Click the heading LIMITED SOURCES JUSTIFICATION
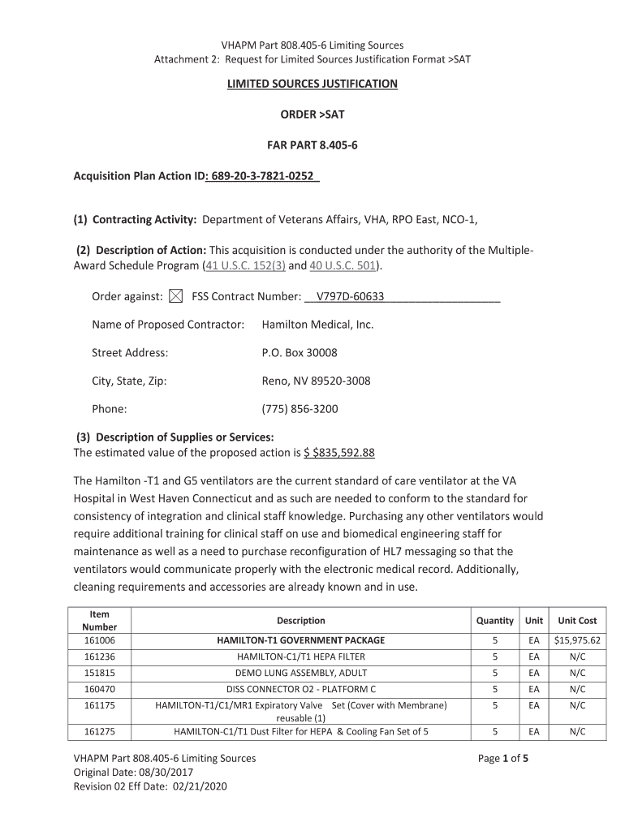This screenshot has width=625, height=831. point(312,84)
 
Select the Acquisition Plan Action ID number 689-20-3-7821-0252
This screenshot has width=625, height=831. point(263,176)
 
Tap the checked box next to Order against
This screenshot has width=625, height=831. point(176,297)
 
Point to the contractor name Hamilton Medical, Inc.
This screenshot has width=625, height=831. point(317,325)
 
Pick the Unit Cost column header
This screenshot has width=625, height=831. point(576,621)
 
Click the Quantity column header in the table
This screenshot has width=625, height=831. point(494,621)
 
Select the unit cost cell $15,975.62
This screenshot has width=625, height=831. point(576,640)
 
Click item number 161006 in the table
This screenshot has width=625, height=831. point(100,640)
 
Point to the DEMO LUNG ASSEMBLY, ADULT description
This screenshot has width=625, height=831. point(300,673)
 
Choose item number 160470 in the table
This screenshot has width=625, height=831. point(100,689)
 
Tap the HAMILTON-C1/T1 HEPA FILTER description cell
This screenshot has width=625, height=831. point(300,657)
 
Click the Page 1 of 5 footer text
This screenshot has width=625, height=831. point(503,758)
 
